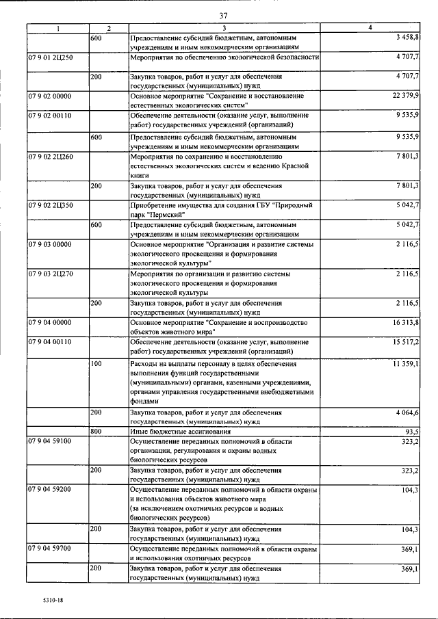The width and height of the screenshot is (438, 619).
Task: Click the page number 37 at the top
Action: coord(224,15)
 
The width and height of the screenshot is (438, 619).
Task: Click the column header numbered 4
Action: coord(370,28)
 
